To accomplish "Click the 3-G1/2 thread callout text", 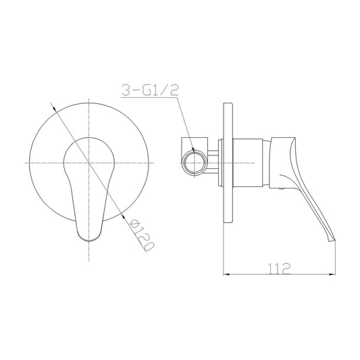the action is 150,90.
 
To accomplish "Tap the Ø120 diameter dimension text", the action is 141,235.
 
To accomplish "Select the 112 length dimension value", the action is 279,269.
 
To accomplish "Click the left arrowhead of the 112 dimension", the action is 226,274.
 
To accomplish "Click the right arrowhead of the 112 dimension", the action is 332,274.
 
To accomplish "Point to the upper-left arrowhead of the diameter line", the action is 54,107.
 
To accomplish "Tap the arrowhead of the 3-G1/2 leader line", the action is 194,150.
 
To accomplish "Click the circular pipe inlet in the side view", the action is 195,163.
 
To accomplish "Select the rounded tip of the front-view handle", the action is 89,239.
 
